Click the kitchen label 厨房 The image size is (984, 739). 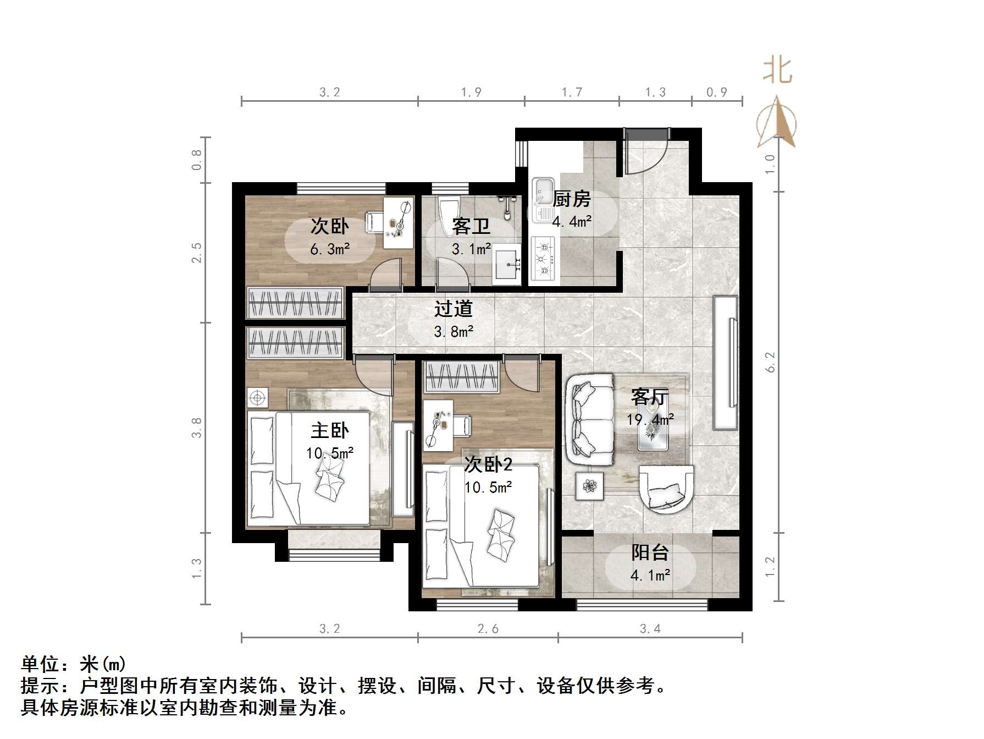[x=572, y=199]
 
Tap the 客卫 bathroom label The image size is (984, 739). [x=471, y=226]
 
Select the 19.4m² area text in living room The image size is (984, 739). [x=650, y=420]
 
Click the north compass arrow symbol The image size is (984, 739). [x=777, y=122]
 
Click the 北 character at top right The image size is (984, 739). [x=777, y=71]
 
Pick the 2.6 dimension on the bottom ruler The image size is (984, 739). [x=488, y=629]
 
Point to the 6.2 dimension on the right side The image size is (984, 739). [x=770, y=362]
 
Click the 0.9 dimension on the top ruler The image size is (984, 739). [x=716, y=92]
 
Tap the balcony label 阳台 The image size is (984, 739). [x=650, y=552]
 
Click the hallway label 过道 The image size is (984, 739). [x=454, y=309]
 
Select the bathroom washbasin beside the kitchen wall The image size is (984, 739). [x=506, y=267]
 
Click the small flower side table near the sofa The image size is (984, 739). [x=590, y=486]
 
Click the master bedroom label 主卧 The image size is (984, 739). [x=329, y=430]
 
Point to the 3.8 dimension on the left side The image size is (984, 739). [x=197, y=428]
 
